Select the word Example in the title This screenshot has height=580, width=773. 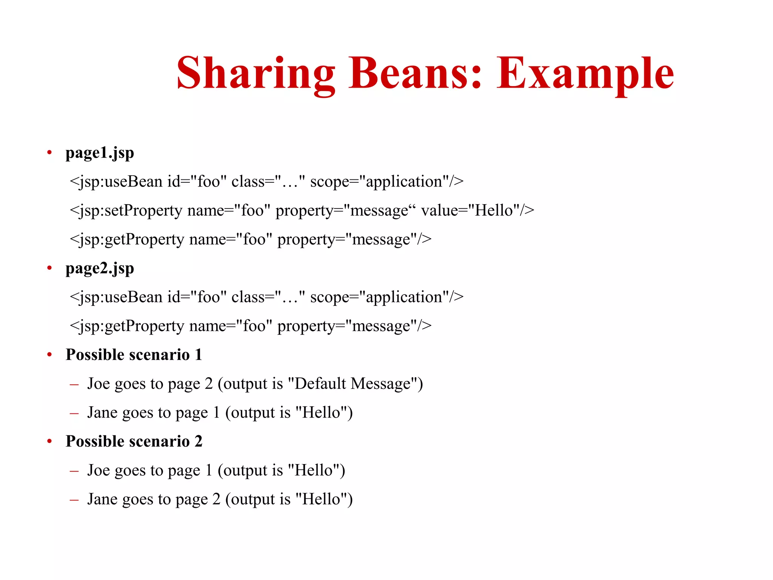pyautogui.click(x=585, y=73)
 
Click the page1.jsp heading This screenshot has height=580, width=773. pyautogui.click(x=100, y=153)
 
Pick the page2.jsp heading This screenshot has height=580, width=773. pyautogui.click(x=100, y=269)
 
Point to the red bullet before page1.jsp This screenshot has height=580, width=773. pyautogui.click(x=49, y=153)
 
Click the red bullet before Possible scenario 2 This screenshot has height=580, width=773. pyautogui.click(x=49, y=441)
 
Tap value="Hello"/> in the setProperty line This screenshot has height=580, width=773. pyautogui.click(x=477, y=210)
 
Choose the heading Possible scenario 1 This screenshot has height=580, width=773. pyautogui.click(x=134, y=355)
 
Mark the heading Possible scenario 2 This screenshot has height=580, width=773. pyautogui.click(x=134, y=441)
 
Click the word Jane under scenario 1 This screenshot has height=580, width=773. pyautogui.click(x=102, y=412)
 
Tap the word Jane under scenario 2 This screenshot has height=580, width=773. pyautogui.click(x=102, y=499)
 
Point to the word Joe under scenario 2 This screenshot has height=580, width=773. pyautogui.click(x=99, y=470)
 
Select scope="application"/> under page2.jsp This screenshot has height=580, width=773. pyautogui.click(x=387, y=297)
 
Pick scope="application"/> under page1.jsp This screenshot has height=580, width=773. pyautogui.click(x=387, y=182)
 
